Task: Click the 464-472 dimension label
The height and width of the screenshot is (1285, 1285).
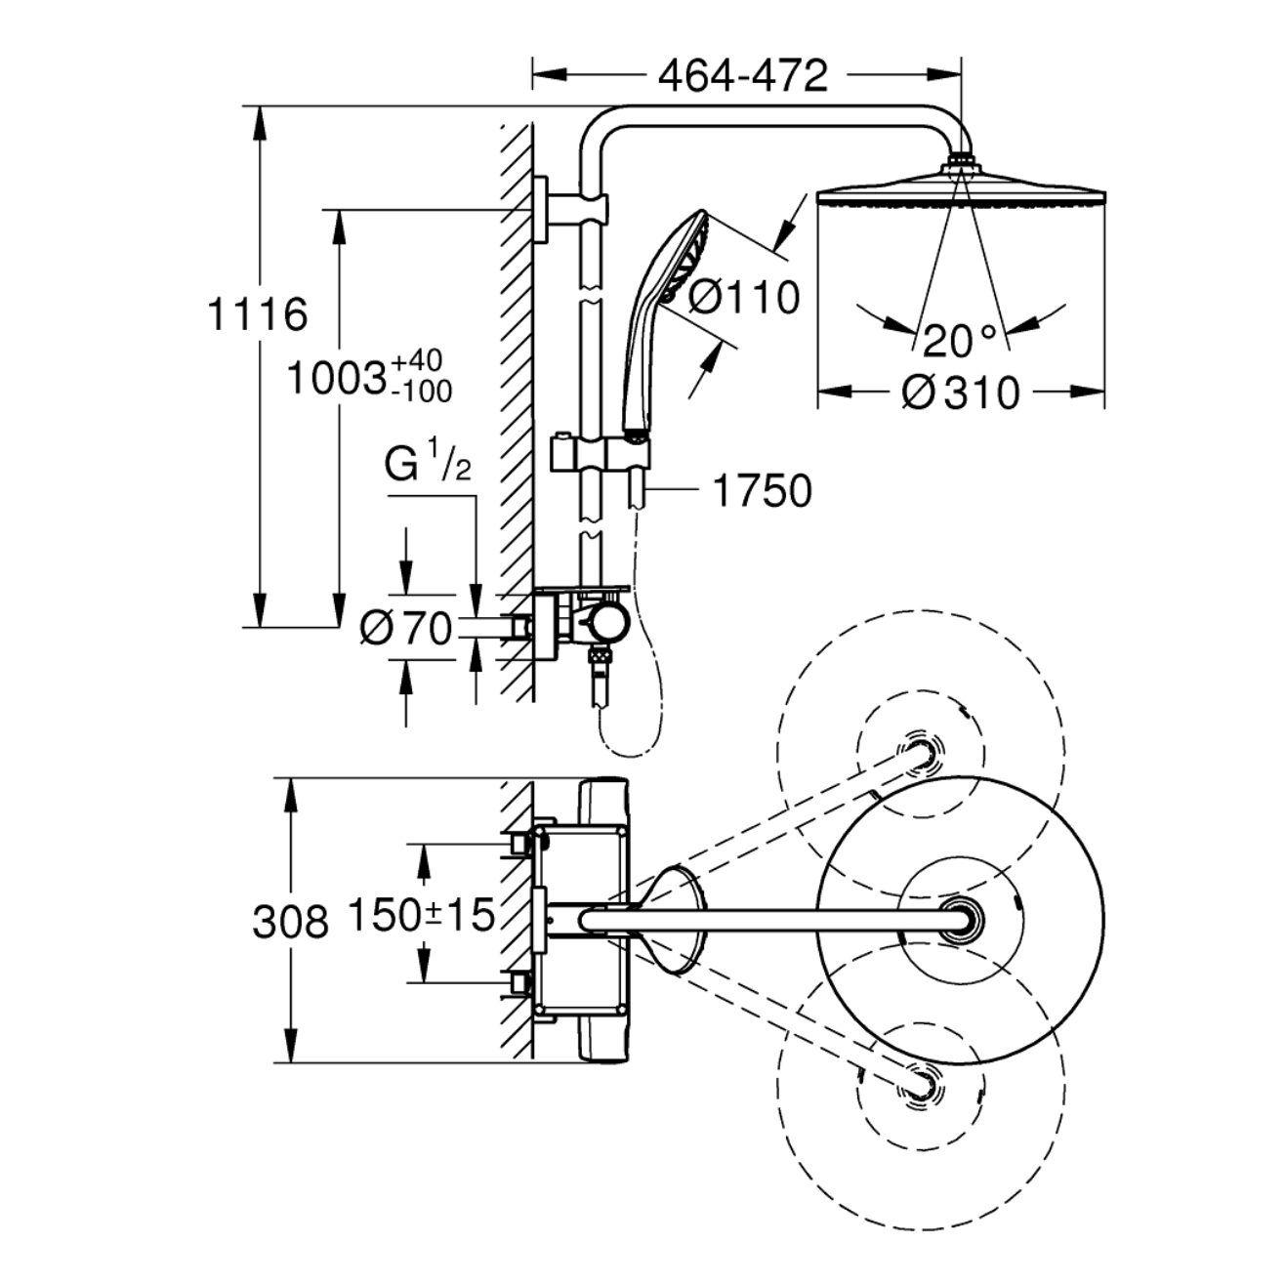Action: coord(742,76)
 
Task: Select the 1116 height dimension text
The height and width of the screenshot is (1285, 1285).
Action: coord(258,314)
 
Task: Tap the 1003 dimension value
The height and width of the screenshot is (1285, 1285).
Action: coord(336,380)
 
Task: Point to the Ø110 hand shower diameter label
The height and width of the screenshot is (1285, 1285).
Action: coord(742,297)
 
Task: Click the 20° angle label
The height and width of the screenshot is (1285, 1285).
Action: coord(960,341)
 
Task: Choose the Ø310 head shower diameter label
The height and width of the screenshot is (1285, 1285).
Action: coord(960,393)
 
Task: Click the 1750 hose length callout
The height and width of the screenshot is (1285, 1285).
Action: coord(763,491)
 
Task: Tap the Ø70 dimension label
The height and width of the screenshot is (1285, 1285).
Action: coord(406,628)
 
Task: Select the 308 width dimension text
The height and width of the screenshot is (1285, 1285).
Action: coord(291,922)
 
